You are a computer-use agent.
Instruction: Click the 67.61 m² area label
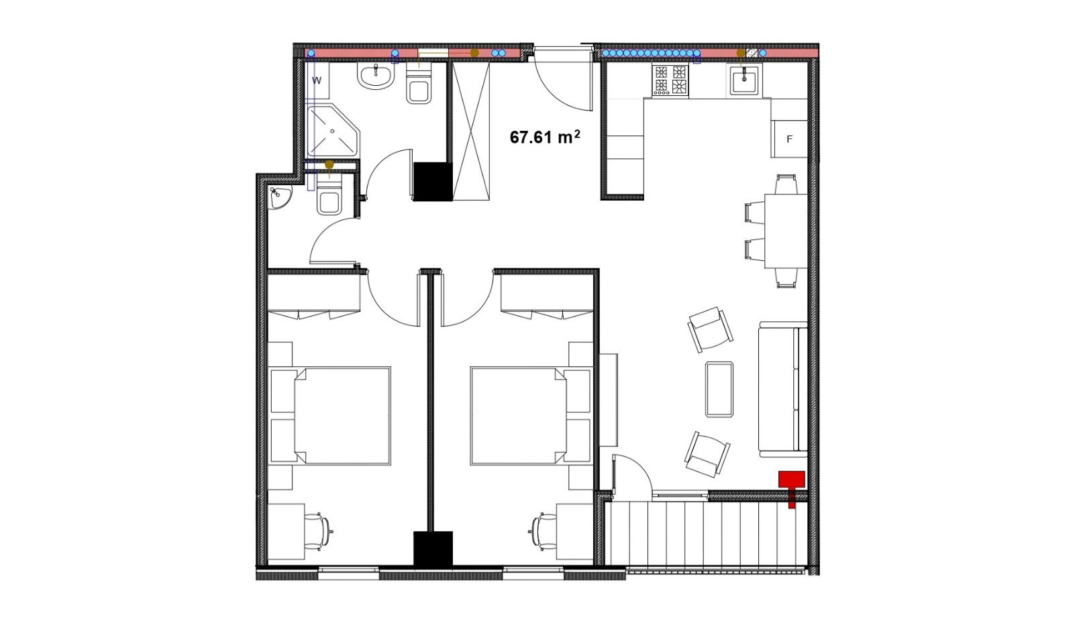[x=545, y=137]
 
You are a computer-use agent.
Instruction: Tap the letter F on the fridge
[x=790, y=139]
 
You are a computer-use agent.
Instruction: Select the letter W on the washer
[x=317, y=80]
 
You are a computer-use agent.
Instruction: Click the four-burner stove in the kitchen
[x=670, y=80]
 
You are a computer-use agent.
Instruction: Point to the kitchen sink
[x=743, y=80]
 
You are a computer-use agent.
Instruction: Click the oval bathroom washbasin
[x=376, y=76]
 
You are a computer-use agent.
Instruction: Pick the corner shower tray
[x=333, y=130]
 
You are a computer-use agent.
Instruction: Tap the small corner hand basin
[x=279, y=198]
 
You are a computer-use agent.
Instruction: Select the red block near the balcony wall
[x=792, y=485]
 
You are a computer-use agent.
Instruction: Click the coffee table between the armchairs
[x=719, y=389]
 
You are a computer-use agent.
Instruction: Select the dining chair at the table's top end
[x=786, y=184]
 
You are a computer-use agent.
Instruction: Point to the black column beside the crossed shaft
[x=433, y=181]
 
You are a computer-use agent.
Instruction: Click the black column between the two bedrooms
[x=433, y=549]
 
